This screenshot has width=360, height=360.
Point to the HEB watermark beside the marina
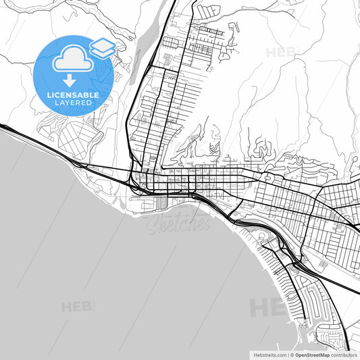point(269,307)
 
